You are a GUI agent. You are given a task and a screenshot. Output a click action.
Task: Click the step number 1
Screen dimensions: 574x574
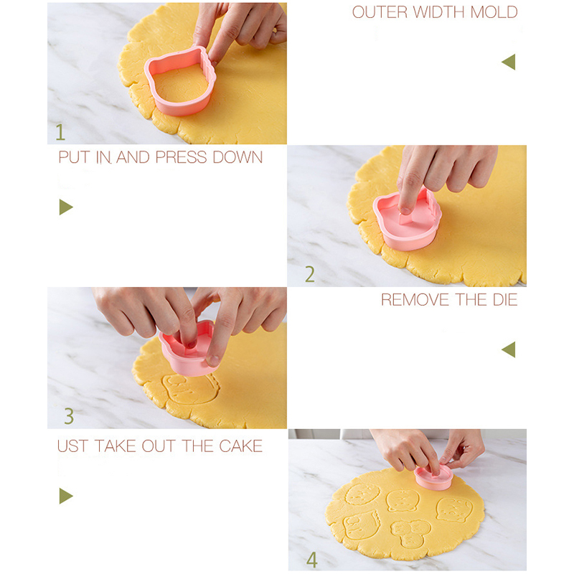(x=60, y=132)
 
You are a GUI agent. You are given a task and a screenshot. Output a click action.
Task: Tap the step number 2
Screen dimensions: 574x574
(x=310, y=274)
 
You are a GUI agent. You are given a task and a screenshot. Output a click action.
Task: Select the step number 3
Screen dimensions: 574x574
(x=69, y=416)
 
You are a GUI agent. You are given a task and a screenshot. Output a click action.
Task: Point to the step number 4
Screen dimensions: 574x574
(x=312, y=560)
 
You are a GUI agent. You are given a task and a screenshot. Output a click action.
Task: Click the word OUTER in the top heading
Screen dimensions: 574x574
(x=380, y=12)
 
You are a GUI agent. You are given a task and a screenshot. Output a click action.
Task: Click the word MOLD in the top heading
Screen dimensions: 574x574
(x=494, y=12)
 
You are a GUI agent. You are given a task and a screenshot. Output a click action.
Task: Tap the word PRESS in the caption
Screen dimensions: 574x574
(x=182, y=157)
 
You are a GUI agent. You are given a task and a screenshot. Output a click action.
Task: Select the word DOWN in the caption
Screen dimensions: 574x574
(x=237, y=157)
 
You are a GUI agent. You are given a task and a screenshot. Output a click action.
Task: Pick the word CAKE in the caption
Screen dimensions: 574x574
(x=240, y=446)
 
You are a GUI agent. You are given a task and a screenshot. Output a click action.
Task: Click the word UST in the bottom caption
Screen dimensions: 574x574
(x=73, y=446)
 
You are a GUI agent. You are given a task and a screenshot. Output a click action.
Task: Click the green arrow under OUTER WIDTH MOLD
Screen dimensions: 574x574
(x=509, y=62)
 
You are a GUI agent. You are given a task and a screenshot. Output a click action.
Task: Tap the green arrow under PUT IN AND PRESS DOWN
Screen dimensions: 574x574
(x=66, y=207)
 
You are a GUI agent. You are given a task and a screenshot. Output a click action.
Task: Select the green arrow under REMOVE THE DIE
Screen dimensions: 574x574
(x=509, y=349)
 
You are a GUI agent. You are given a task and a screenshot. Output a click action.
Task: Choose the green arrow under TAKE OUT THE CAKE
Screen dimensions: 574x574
(x=66, y=496)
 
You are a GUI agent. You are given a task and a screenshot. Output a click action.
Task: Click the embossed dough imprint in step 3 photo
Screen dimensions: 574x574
(x=190, y=389)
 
